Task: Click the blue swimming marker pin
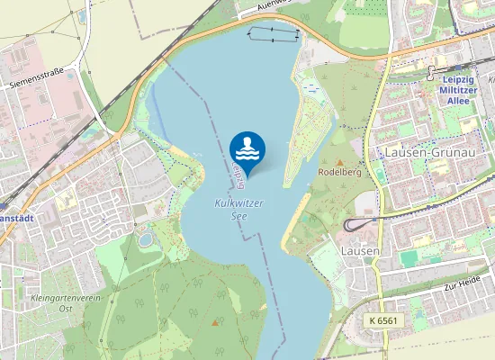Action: click(247, 149)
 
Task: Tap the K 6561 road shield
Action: click(384, 320)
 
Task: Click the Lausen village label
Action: click(360, 249)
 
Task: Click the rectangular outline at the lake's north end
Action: click(273, 33)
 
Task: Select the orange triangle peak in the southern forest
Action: click(214, 321)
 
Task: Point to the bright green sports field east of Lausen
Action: click(409, 258)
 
